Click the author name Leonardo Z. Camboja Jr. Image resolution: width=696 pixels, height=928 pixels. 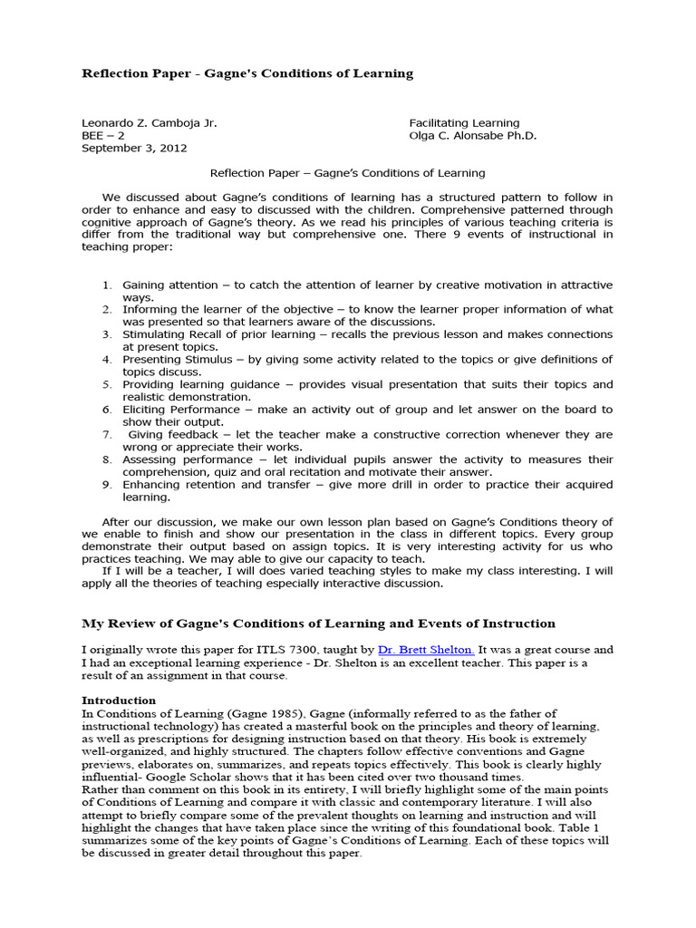[150, 122]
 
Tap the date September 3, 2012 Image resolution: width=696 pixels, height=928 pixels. [136, 148]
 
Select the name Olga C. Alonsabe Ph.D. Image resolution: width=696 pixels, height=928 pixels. [472, 135]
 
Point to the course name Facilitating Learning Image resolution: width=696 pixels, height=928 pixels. [464, 122]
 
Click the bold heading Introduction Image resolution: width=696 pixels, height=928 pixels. [119, 701]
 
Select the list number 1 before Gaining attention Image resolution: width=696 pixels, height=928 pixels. [106, 285]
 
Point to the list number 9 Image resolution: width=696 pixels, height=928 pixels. [106, 485]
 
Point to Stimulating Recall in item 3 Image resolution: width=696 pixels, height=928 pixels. [170, 334]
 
